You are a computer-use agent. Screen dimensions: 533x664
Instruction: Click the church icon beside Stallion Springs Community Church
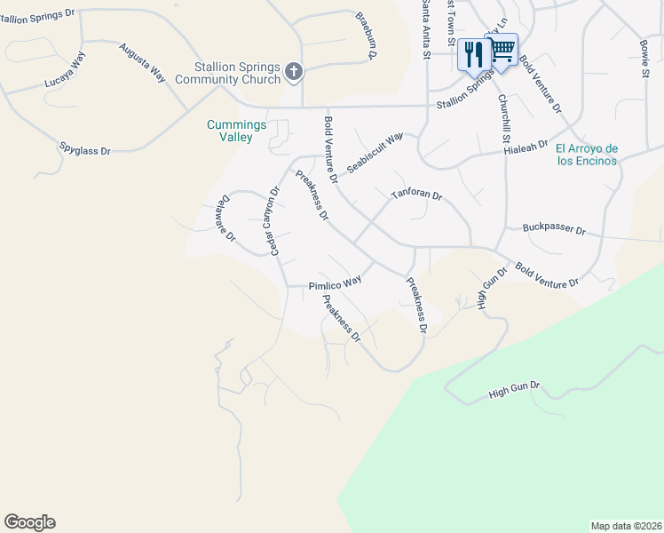tap(294, 71)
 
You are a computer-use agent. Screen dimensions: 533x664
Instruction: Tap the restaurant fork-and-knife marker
tap(473, 54)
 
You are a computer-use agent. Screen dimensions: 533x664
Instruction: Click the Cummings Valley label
tap(236, 131)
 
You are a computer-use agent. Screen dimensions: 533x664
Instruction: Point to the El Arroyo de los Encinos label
tap(586, 155)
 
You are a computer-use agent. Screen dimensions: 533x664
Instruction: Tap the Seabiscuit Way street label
tap(375, 153)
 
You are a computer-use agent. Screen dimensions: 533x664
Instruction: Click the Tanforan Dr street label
tap(416, 194)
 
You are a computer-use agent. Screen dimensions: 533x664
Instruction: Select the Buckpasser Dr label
tap(554, 229)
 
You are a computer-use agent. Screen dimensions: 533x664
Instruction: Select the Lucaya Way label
tap(65, 73)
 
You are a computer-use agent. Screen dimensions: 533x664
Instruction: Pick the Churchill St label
tap(503, 119)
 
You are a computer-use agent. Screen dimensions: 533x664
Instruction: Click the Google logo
tap(29, 522)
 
